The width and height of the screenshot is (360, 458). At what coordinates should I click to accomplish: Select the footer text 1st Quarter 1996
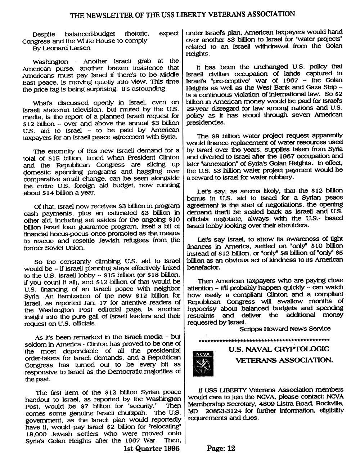[151, 448]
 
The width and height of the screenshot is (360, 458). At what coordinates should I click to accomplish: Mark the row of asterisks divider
[264, 340]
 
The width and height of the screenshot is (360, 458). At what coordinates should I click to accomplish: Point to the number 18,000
[37, 434]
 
